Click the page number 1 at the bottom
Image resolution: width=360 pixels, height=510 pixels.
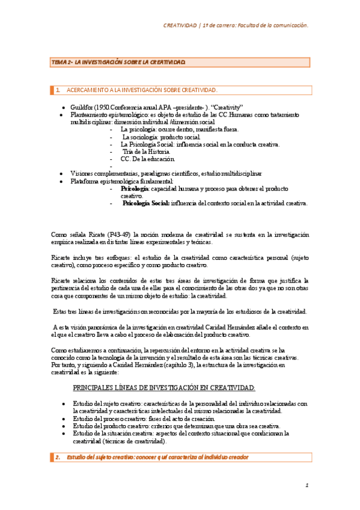306,485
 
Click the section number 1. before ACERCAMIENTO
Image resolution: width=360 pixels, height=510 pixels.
58,90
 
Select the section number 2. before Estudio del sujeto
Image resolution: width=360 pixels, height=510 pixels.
58,458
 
